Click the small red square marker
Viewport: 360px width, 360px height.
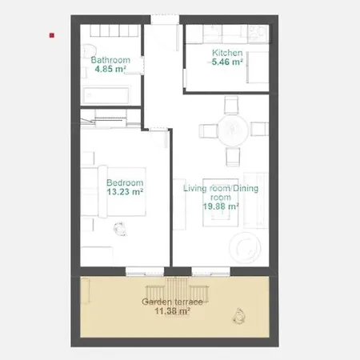coord(52,35)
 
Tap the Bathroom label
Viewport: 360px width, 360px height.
coord(110,60)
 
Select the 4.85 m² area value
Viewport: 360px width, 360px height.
coord(110,69)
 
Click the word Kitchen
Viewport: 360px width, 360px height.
coord(227,53)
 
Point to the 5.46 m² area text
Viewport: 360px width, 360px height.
coord(227,62)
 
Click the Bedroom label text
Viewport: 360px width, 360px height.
coord(125,182)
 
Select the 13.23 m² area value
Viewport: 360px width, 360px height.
coord(125,192)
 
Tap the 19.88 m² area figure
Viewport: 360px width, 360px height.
coord(221,206)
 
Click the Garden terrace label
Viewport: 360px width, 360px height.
coord(172,302)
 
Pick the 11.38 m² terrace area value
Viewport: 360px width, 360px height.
coord(172,311)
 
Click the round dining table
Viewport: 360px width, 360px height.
coord(233,130)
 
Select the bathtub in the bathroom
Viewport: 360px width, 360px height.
coord(106,95)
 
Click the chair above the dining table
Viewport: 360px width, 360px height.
coord(231,105)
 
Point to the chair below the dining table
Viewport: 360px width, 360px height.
coord(233,157)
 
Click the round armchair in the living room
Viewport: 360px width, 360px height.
coord(245,248)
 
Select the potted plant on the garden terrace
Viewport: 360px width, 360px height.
coord(239,316)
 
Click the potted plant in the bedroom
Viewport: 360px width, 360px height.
coord(120,229)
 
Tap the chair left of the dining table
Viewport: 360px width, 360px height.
coord(209,131)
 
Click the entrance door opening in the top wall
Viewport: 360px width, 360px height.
coord(165,20)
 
